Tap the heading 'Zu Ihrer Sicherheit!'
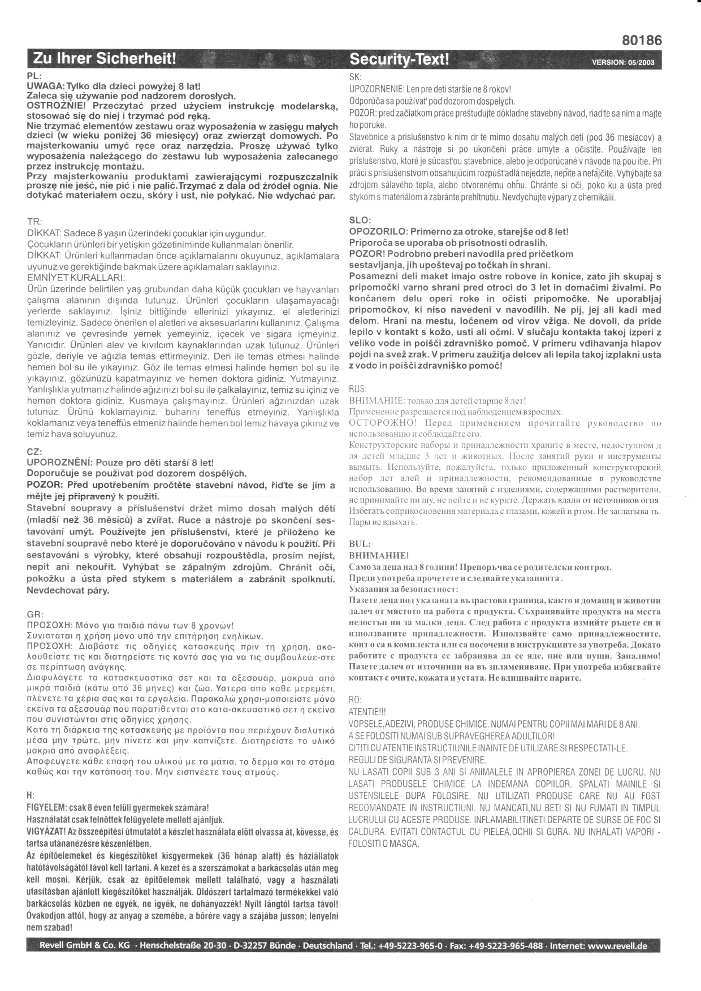pos(105,59)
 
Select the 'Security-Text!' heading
pos(400,59)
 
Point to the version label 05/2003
pos(623,62)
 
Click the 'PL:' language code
pos(33,75)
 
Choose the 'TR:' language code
pos(34,222)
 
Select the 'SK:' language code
pos(356,76)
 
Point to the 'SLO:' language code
pos(361,220)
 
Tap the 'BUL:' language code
pos(360,544)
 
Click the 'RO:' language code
pos(356,700)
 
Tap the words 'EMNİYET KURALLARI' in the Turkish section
pos(76,278)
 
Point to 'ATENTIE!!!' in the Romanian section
pos(367,711)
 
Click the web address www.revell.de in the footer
pos(617,946)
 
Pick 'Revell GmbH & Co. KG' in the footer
pos(84,946)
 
